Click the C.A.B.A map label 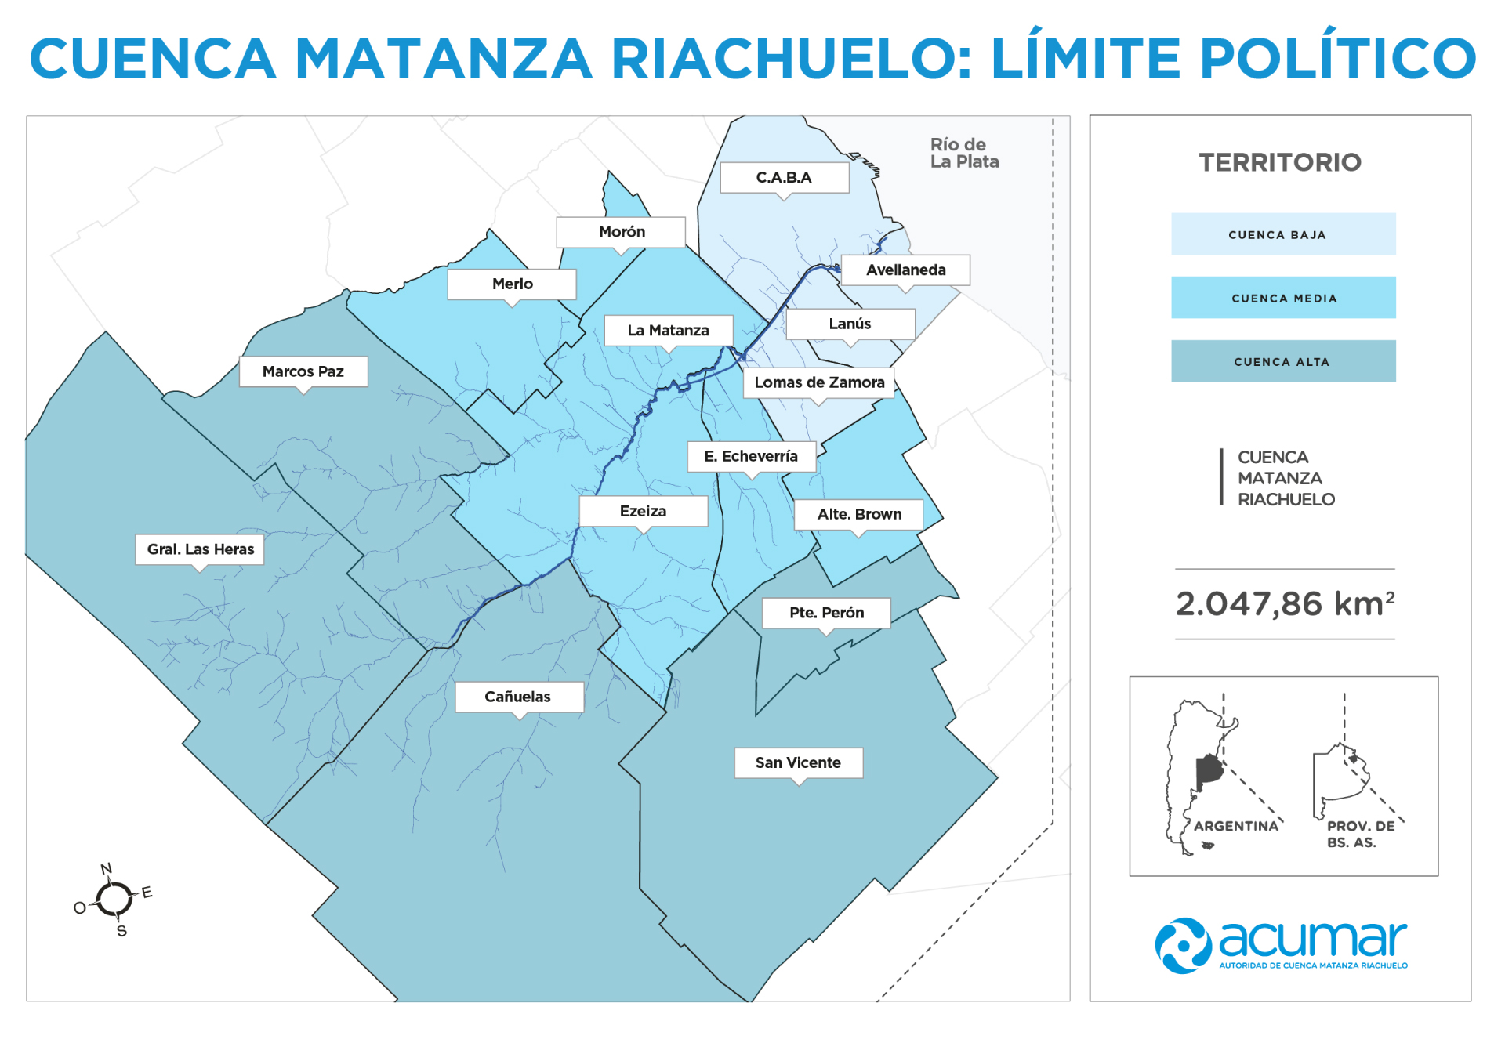click(x=784, y=178)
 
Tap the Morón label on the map click(x=622, y=232)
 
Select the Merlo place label click(x=512, y=284)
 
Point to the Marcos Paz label click(x=303, y=371)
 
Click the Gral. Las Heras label click(x=200, y=549)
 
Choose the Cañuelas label click(x=518, y=697)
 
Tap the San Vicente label click(x=798, y=762)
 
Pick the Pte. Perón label click(x=826, y=613)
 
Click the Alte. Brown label click(x=859, y=514)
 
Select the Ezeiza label click(x=643, y=512)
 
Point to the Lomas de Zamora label click(x=819, y=382)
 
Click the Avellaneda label click(x=905, y=270)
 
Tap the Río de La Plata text click(x=964, y=154)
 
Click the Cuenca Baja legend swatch click(x=1283, y=234)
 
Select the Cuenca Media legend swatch click(x=1283, y=298)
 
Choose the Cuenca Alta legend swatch click(x=1283, y=361)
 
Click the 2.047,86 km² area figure click(x=1285, y=604)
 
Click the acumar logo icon click(x=1183, y=946)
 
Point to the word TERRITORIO click(x=1280, y=162)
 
